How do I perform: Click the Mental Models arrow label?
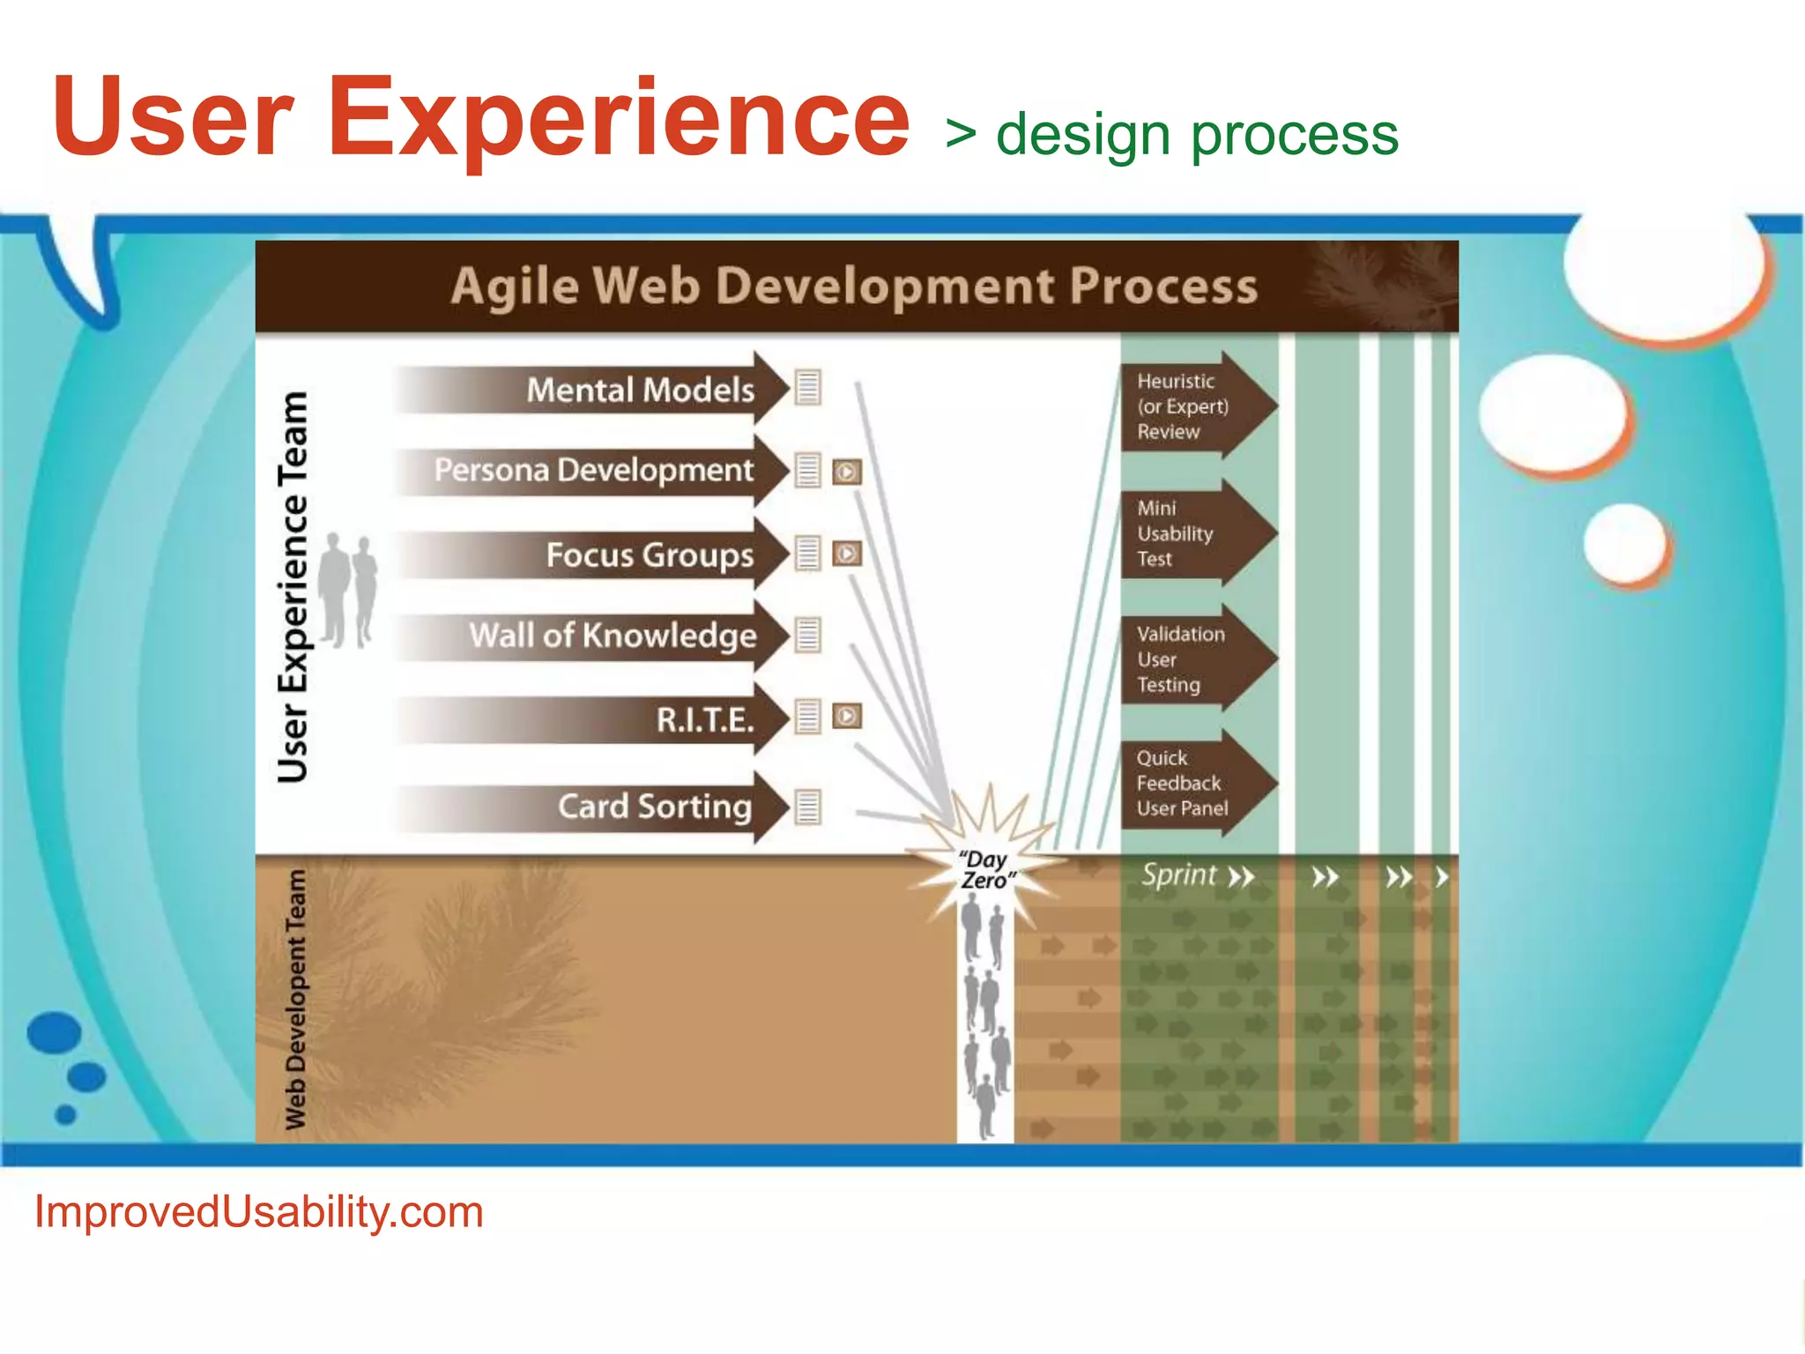tap(640, 390)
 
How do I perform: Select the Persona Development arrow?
tap(593, 470)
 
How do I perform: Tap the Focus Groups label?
tap(650, 554)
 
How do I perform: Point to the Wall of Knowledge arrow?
tap(613, 635)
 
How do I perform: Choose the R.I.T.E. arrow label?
tap(705, 720)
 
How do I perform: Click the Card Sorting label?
tap(654, 806)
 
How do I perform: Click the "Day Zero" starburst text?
tap(986, 870)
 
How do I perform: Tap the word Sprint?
tap(1178, 874)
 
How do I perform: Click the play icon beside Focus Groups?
tap(847, 554)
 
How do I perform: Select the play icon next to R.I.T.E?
tap(847, 716)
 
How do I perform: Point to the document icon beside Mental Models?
tap(807, 387)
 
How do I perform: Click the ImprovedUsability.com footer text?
tap(258, 1211)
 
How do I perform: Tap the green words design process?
tap(1196, 135)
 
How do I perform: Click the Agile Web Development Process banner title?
tap(854, 286)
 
